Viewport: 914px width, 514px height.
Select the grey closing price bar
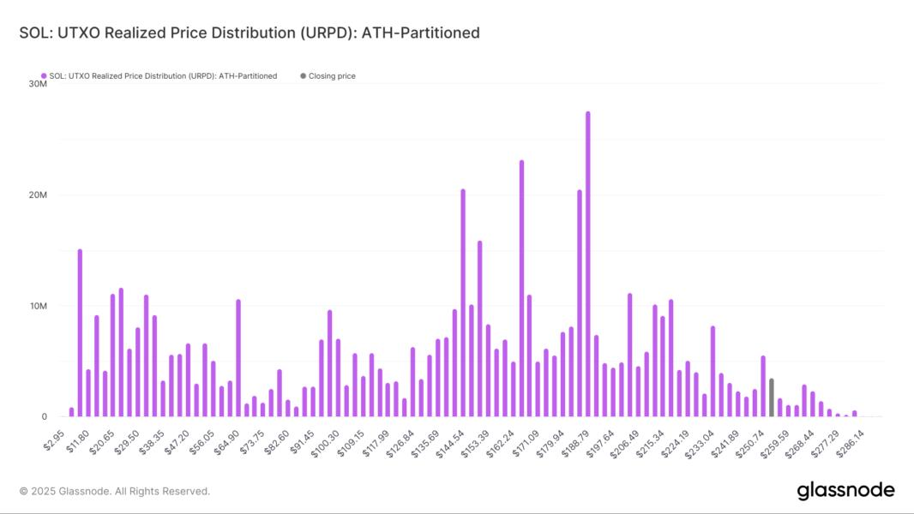[x=772, y=397]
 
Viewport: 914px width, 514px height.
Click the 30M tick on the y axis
[x=38, y=84]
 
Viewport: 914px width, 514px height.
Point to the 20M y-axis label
[x=38, y=195]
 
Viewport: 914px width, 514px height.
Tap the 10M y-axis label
[x=38, y=306]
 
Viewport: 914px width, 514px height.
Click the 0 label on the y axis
[x=43, y=417]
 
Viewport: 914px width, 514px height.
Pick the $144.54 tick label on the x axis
[x=449, y=440]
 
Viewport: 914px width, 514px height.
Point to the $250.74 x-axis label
[x=749, y=440]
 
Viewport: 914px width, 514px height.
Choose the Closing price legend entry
[x=332, y=76]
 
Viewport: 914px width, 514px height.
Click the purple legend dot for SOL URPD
[x=44, y=76]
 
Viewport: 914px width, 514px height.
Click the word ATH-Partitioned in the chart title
[x=421, y=33]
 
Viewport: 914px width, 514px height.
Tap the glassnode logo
[x=845, y=491]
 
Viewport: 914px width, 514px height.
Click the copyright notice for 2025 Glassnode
[x=115, y=492]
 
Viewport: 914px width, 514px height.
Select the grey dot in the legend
[x=303, y=76]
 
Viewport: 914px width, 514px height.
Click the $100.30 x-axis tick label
[x=325, y=440]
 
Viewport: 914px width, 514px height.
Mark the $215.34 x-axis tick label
[x=649, y=440]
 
